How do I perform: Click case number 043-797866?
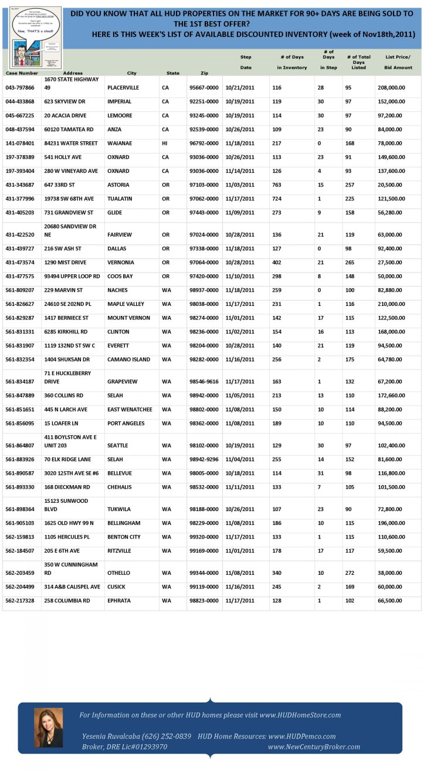coord(20,87)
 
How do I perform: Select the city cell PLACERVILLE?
coord(123,87)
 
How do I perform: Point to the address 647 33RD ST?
coord(61,185)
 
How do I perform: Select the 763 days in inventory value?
coord(277,185)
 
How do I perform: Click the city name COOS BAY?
coord(120,277)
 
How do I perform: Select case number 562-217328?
coord(20,601)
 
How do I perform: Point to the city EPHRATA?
coord(118,601)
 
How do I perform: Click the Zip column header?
coord(204,73)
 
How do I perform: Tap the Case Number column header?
coord(22,73)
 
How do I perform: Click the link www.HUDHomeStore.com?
coord(300,715)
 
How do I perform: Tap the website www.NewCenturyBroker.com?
coord(314,747)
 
